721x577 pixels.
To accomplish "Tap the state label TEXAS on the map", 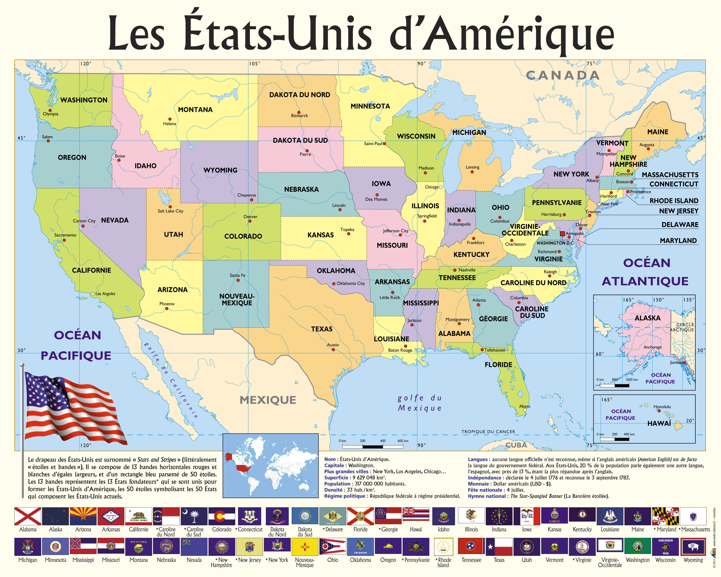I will point(322,329).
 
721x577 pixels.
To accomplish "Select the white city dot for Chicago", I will point(441,187).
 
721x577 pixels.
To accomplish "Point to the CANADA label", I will point(563,75).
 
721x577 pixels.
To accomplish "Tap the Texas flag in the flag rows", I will point(499,546).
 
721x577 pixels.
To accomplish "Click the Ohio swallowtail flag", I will point(332,546).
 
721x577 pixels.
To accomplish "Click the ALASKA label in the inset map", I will point(648,318).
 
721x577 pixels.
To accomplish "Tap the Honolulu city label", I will point(662,407).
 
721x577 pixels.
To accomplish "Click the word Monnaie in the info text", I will point(479,484).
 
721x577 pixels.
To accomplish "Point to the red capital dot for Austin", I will point(333,350).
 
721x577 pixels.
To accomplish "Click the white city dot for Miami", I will point(525,410).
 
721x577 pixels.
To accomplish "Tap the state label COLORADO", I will point(243,236).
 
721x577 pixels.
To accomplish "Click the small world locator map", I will point(271,466).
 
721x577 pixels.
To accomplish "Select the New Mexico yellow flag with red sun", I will point(305,546).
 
